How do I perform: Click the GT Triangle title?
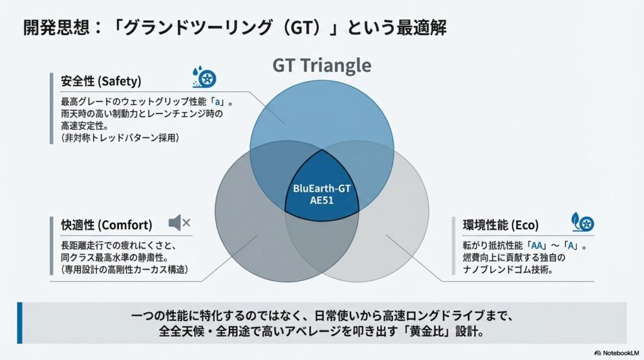click(x=322, y=65)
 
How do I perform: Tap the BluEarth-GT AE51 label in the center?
click(x=322, y=194)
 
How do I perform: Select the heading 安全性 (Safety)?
click(x=101, y=81)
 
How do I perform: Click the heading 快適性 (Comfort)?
click(x=106, y=225)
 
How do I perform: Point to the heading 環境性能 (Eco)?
click(x=501, y=225)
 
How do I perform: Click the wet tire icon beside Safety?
click(x=204, y=77)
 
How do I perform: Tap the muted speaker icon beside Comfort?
click(x=179, y=223)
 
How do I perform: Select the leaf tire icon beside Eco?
click(x=583, y=222)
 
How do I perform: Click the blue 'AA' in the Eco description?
click(x=537, y=245)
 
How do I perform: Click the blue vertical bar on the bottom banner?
click(x=19, y=323)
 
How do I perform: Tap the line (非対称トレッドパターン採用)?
click(x=120, y=138)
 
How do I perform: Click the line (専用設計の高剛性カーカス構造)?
click(x=125, y=269)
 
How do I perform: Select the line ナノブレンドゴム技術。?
click(x=508, y=269)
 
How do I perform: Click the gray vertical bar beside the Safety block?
click(x=52, y=108)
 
